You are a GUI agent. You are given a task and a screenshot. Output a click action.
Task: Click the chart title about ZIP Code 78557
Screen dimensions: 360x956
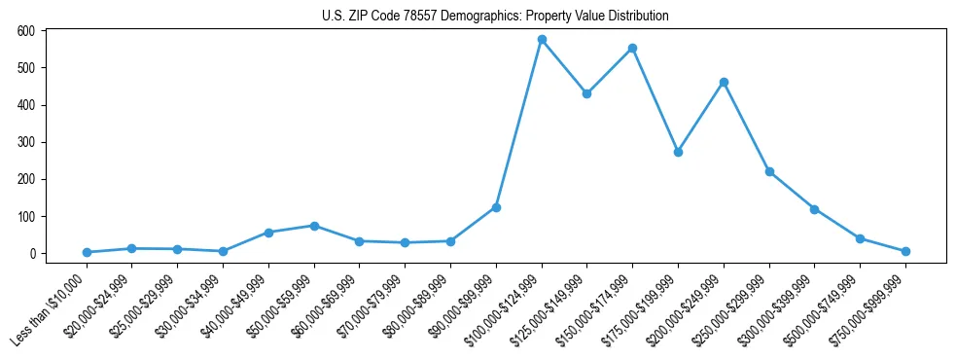[495, 17]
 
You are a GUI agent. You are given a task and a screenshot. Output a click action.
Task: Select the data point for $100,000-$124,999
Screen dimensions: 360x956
[542, 40]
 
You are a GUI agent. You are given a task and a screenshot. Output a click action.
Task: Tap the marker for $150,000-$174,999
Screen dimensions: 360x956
[632, 48]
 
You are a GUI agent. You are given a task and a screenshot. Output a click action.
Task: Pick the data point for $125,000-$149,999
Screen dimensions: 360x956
[586, 93]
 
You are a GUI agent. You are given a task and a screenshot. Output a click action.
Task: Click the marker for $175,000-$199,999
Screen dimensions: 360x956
[678, 152]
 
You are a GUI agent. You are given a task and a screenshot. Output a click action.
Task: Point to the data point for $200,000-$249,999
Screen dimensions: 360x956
[724, 82]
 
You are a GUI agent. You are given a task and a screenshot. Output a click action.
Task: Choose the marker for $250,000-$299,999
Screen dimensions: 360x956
[769, 171]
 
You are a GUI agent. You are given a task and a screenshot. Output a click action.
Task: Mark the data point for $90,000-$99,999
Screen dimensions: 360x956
[496, 207]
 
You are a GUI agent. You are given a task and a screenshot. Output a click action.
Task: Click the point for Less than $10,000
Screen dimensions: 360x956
[87, 252]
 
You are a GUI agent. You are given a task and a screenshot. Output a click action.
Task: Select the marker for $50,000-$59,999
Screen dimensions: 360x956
[314, 226]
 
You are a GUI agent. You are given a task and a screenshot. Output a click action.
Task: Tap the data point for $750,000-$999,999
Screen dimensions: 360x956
[905, 251]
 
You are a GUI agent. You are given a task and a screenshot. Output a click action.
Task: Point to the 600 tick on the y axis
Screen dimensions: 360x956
[26, 31]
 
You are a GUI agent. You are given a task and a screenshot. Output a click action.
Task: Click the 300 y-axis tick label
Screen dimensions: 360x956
[26, 142]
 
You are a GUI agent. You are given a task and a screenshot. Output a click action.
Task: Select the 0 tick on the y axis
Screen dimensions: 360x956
[32, 254]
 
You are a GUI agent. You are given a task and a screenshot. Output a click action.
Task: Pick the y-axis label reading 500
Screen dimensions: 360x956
[26, 68]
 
